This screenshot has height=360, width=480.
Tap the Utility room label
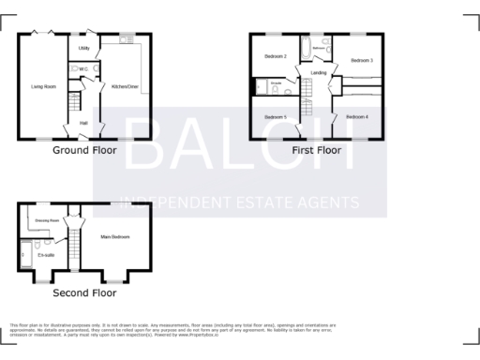[x=83, y=47]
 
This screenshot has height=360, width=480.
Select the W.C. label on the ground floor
[x=83, y=68]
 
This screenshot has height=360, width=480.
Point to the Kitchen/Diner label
[x=125, y=86]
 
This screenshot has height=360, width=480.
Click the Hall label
[x=83, y=123]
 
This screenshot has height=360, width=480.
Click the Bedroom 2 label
[x=275, y=56]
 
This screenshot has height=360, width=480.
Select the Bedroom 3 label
[x=362, y=60]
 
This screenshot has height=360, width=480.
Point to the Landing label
[x=319, y=72]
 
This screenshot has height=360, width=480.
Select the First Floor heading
[x=316, y=150]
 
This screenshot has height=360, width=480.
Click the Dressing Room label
[x=47, y=220]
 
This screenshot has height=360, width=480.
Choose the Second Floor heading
[x=83, y=292]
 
